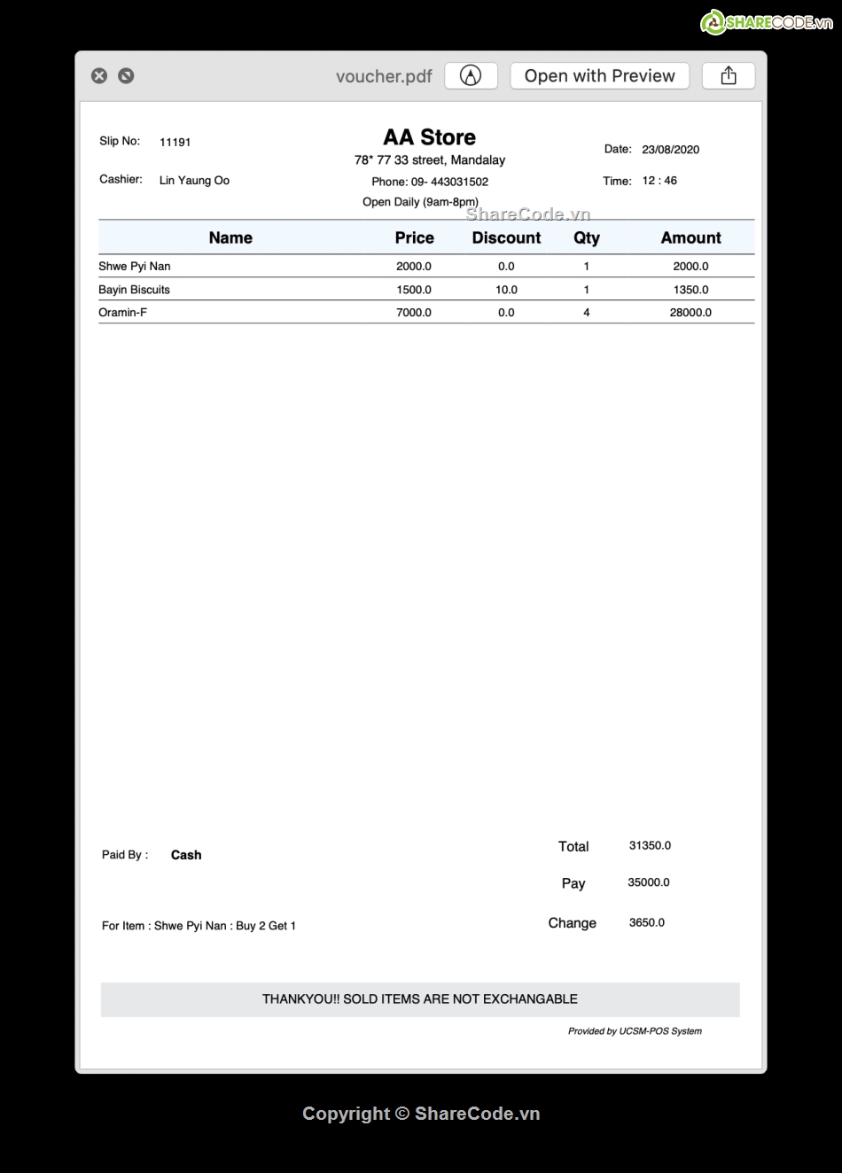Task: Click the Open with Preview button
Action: [599, 76]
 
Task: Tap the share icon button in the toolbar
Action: [729, 76]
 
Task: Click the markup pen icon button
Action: [471, 76]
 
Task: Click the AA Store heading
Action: [429, 137]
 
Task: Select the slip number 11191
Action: [175, 142]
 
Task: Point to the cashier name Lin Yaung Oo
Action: [194, 181]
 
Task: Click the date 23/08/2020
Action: [670, 150]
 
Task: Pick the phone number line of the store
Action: [430, 182]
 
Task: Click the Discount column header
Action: [506, 237]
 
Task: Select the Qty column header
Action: [586, 237]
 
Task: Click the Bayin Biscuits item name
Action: [134, 290]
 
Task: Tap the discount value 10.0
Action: [506, 290]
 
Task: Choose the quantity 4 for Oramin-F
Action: [586, 313]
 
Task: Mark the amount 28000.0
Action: [690, 313]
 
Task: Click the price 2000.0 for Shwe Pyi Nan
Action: [414, 267]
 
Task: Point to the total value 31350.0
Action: [650, 846]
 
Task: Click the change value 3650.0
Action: [647, 922]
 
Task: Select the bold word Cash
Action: [186, 855]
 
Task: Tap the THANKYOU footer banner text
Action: [420, 999]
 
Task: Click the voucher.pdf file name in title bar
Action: [384, 76]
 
